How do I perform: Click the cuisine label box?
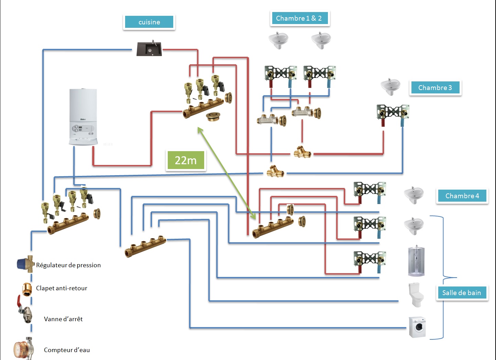[x=149, y=22]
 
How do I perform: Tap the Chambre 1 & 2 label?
[x=299, y=18]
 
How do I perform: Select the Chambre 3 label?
[x=435, y=88]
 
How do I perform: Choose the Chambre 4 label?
[x=462, y=196]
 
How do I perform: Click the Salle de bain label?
[x=461, y=293]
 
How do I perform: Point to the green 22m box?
[x=186, y=160]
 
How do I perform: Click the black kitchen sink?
[x=149, y=49]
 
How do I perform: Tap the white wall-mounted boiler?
[x=83, y=117]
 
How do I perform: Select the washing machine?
[x=417, y=327]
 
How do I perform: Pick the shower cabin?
[x=416, y=261]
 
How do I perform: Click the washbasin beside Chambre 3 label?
[x=390, y=87]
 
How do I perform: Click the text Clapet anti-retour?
[x=62, y=288]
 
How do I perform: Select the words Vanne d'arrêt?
[x=63, y=319]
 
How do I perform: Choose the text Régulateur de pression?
[x=68, y=265]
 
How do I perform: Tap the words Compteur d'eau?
[x=67, y=350]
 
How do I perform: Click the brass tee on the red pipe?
[x=302, y=152]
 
